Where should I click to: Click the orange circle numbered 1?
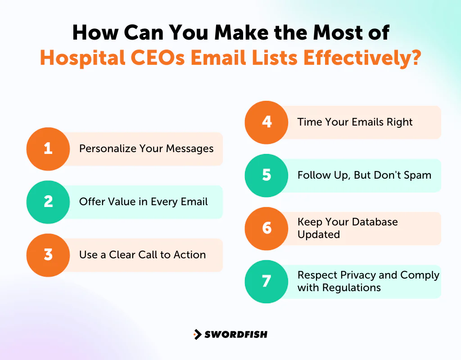(48, 148)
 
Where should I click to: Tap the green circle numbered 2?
(48, 202)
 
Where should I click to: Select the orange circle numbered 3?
(48, 255)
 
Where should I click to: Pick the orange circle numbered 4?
(267, 122)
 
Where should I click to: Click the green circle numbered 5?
(267, 175)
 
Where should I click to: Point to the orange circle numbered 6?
(267, 228)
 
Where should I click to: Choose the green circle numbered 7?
(267, 281)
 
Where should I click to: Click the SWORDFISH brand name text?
(236, 334)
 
